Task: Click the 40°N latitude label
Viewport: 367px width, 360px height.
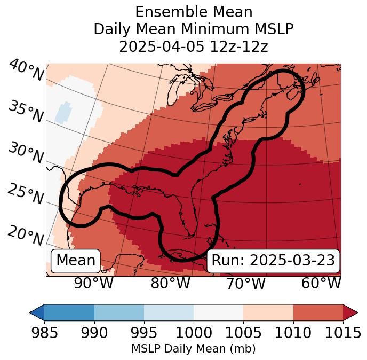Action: pos(26,71)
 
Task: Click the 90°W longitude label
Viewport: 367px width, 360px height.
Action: pos(93,283)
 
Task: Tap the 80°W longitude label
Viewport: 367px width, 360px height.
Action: pos(170,283)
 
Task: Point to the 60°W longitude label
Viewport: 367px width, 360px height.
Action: pos(321,283)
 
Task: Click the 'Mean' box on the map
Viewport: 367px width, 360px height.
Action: pos(76,261)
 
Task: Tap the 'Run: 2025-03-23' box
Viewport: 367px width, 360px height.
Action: pos(273,261)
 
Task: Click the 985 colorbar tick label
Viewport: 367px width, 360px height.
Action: pos(44,333)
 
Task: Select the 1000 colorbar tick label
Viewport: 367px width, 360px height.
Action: pos(194,333)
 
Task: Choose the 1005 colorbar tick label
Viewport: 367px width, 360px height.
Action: pos(243,333)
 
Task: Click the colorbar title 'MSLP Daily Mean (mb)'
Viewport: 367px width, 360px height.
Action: pos(193,349)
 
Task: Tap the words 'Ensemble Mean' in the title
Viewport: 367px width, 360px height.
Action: pos(194,12)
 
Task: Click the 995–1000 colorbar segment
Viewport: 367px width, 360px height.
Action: pos(169,312)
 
